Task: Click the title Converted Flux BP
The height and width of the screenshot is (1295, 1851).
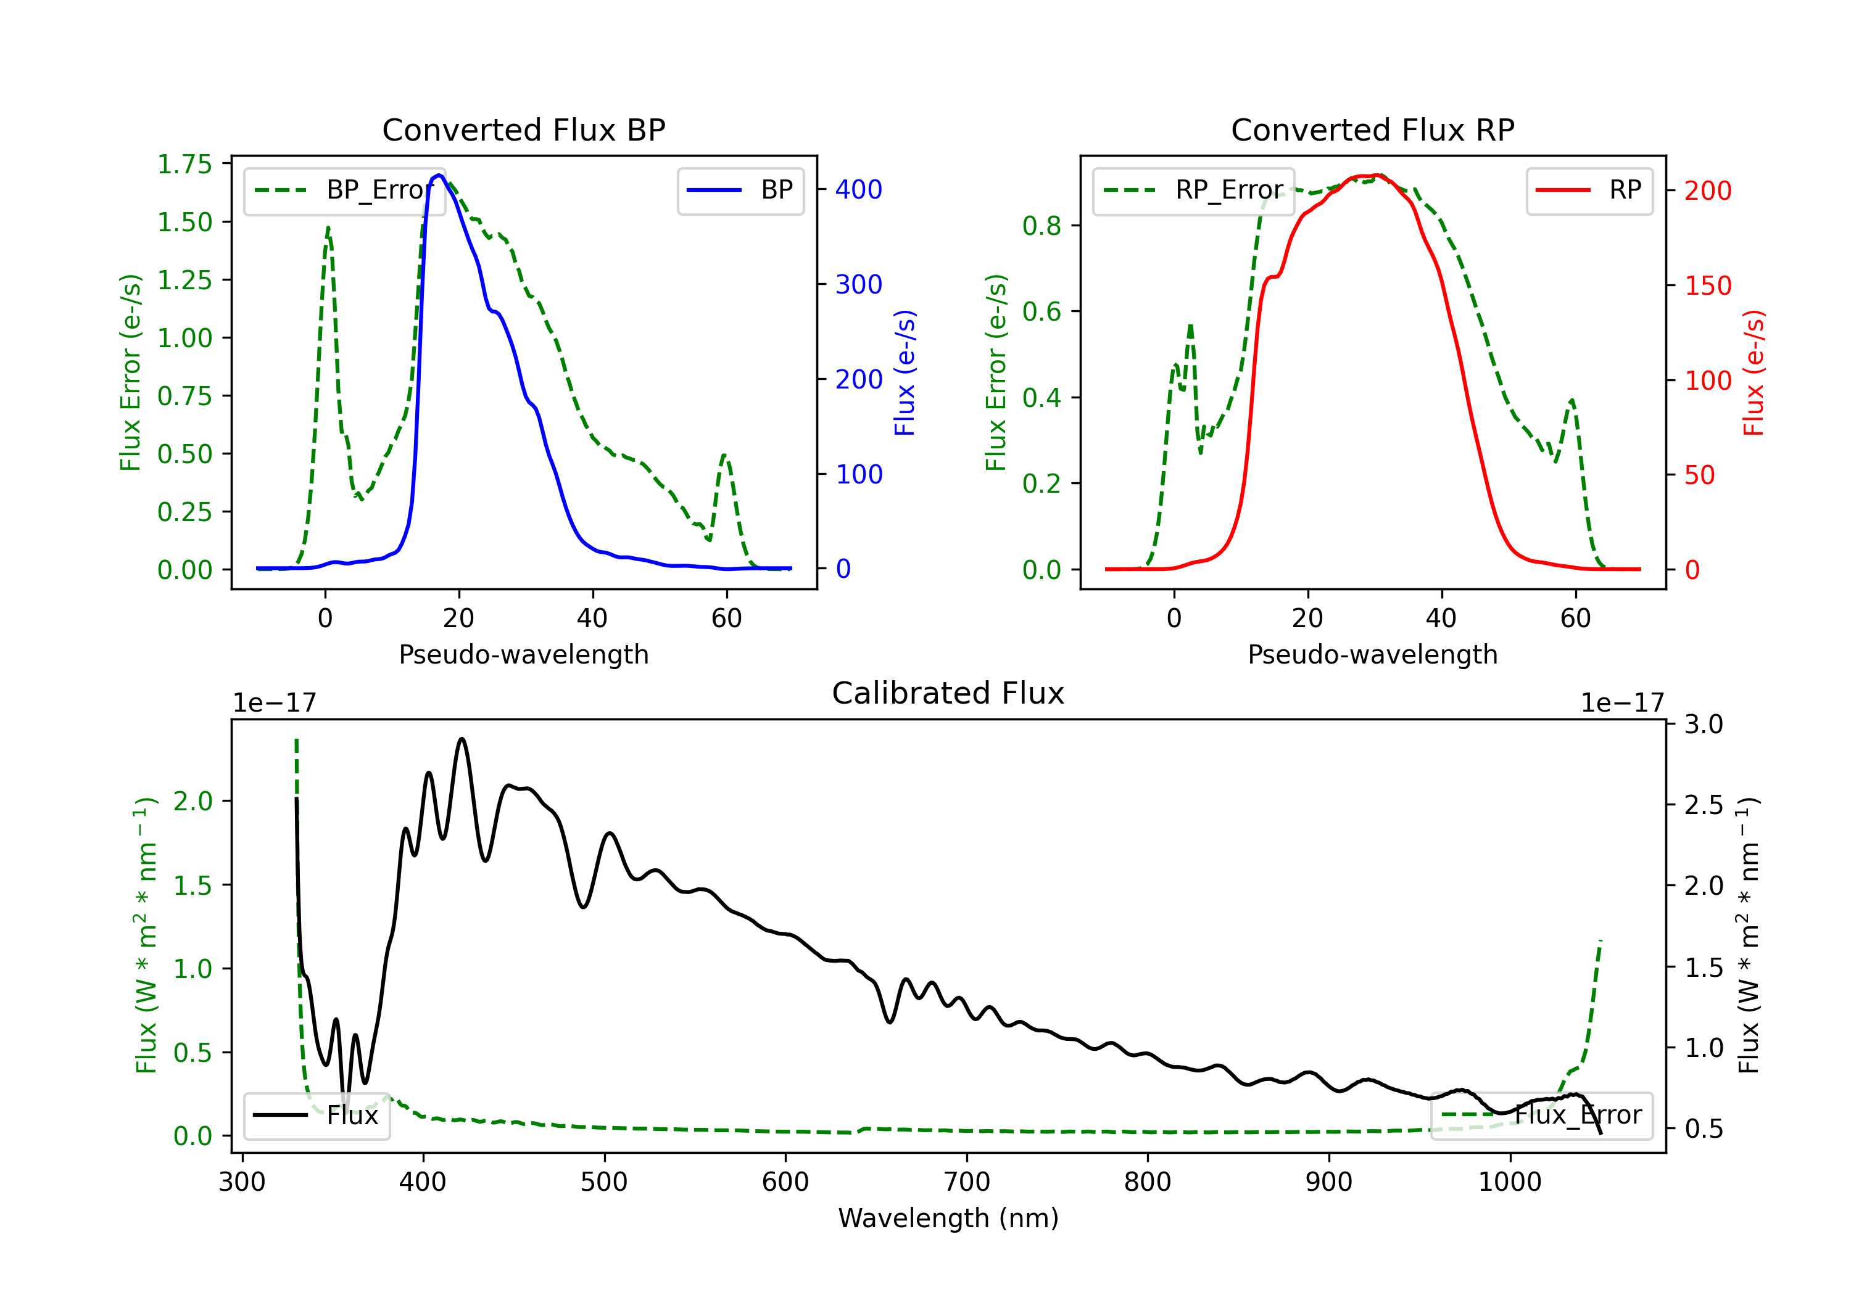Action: [x=523, y=129]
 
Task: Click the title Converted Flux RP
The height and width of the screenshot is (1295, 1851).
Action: [x=1372, y=129]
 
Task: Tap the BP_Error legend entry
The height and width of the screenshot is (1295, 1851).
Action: [x=344, y=190]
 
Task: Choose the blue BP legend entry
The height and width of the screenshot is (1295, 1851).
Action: [x=740, y=190]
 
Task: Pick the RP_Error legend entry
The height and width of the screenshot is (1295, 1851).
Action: [x=1193, y=190]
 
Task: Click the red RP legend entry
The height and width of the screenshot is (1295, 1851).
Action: [x=1589, y=190]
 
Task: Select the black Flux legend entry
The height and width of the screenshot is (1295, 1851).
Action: [x=316, y=1116]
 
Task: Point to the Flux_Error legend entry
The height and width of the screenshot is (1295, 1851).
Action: [x=1541, y=1116]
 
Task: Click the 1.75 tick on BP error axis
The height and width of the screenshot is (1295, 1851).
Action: [x=184, y=165]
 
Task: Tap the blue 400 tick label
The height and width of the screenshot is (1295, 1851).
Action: [x=859, y=189]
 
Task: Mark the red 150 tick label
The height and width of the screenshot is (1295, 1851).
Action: [x=1707, y=286]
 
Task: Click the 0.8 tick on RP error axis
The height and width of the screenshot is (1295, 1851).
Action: [x=1041, y=226]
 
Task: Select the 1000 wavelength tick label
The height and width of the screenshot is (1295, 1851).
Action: [x=1509, y=1182]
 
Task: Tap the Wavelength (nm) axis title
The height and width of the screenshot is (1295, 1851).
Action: [x=948, y=1218]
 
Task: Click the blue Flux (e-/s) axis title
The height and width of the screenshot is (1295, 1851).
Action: [x=905, y=373]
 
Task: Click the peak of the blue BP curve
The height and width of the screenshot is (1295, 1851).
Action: [x=439, y=175]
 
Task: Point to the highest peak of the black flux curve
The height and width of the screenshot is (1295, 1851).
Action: [x=462, y=738]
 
